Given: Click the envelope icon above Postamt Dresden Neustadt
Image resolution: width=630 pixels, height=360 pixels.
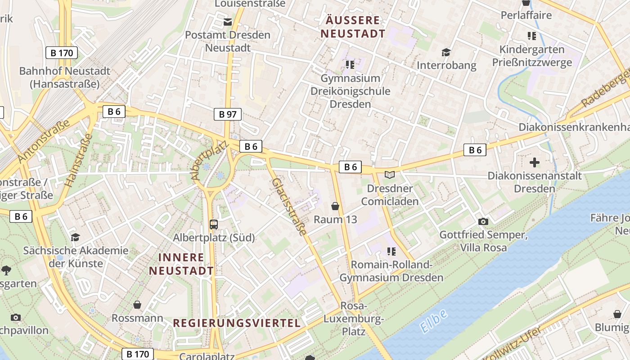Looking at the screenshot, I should point(228,22).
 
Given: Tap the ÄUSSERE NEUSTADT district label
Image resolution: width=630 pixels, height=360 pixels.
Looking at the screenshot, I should point(353,27).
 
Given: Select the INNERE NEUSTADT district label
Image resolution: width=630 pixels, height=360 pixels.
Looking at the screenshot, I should point(181,264).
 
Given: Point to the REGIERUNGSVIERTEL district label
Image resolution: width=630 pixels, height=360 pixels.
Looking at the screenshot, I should point(237,323).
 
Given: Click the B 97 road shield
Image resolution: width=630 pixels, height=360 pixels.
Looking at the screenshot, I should point(227,114).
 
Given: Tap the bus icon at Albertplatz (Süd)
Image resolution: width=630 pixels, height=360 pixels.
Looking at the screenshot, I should point(214,224).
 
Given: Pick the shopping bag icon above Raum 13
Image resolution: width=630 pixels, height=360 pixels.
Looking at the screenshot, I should point(335,206).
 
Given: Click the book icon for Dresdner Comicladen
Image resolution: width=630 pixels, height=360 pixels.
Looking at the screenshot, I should point(390,175).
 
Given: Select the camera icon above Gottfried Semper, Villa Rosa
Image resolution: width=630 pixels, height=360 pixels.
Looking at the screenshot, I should point(483,221).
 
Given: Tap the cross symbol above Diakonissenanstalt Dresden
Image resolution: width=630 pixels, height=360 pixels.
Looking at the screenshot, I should point(535,162).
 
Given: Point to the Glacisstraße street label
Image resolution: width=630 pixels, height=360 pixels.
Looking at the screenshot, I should point(290,207).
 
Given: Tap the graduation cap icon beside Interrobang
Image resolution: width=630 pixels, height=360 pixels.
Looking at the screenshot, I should point(446,52).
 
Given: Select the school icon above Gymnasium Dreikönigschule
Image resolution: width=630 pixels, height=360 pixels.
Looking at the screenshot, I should point(350,65).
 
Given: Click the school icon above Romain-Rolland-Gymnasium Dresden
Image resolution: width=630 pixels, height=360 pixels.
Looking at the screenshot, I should point(391,251).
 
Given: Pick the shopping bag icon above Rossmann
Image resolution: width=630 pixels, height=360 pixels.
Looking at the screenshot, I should point(137,305).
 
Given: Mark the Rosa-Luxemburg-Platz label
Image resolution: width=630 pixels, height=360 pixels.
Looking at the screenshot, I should point(353,319).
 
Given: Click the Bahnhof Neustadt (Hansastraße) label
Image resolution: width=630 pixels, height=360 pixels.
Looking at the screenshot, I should point(65,77).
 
